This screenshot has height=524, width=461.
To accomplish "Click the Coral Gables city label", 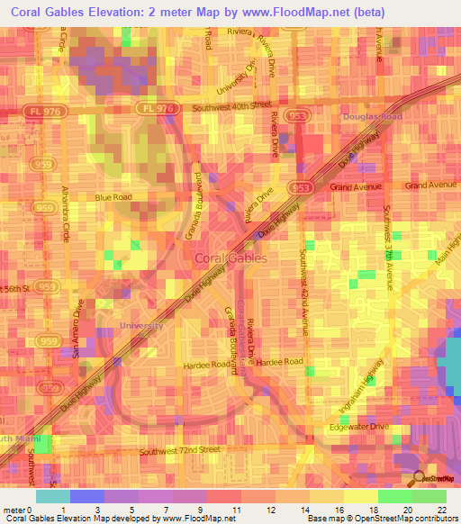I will coord(230,259).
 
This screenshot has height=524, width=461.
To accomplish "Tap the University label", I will coord(142,325).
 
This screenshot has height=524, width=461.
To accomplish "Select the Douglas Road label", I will coord(371,117).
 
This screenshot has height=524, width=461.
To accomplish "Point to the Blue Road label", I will coord(114,196).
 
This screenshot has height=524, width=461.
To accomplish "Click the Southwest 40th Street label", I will coord(230,109).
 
